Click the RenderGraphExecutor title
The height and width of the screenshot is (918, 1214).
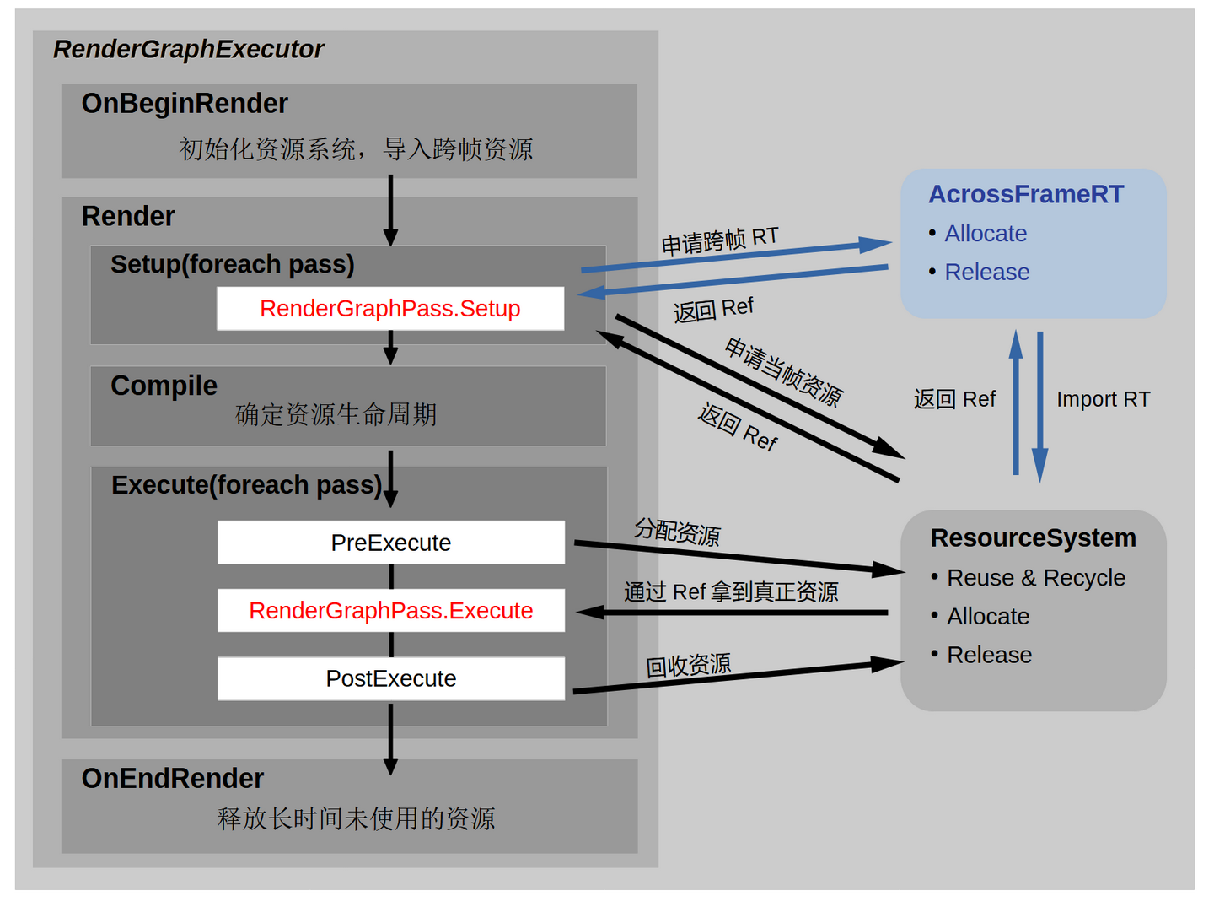point(189,50)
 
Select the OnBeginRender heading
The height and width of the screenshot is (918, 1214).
point(185,104)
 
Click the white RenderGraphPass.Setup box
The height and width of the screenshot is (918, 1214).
point(390,309)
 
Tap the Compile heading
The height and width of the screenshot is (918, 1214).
point(164,386)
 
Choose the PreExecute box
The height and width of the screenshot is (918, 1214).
point(391,543)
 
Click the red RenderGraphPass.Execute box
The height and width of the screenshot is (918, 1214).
point(391,610)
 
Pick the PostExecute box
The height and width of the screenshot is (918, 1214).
point(391,678)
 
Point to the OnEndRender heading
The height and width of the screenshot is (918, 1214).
point(173,778)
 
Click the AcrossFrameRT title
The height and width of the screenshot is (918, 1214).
point(1026,194)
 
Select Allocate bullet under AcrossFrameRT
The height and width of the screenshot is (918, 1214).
point(986,234)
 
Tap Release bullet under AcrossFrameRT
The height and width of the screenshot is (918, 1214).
point(987,273)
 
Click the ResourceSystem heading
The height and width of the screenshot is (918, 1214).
point(1033,537)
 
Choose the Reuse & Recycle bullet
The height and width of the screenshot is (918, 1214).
point(1036,578)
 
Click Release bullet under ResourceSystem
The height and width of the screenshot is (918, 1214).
point(989,655)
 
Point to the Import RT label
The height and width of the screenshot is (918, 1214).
point(1103,399)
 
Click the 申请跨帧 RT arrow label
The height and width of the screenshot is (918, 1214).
point(719,240)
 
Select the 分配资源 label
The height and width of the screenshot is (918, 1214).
point(677,532)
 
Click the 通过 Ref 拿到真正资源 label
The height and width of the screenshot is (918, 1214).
point(731,592)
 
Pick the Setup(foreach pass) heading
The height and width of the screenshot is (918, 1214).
point(233,265)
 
